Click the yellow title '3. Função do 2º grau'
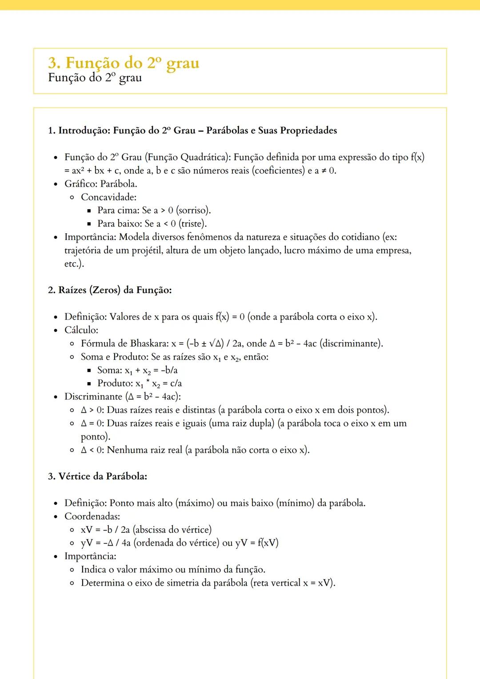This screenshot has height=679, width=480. tap(124, 63)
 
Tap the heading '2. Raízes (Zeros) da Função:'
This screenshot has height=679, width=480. tap(110, 290)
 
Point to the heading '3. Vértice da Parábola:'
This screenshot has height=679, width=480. tap(97, 476)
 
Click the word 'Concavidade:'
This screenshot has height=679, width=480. tap(108, 197)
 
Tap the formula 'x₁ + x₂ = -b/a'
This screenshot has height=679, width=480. tap(151, 370)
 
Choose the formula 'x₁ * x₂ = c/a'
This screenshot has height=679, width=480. tap(159, 383)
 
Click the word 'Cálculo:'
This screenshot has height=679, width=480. tap(81, 330)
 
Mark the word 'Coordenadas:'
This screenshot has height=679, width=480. tap(92, 516)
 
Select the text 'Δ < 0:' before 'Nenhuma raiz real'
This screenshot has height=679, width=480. tap(92, 450)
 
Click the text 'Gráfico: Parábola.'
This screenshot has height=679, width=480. tap(101, 184)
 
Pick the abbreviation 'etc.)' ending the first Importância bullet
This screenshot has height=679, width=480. tap(74, 264)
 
